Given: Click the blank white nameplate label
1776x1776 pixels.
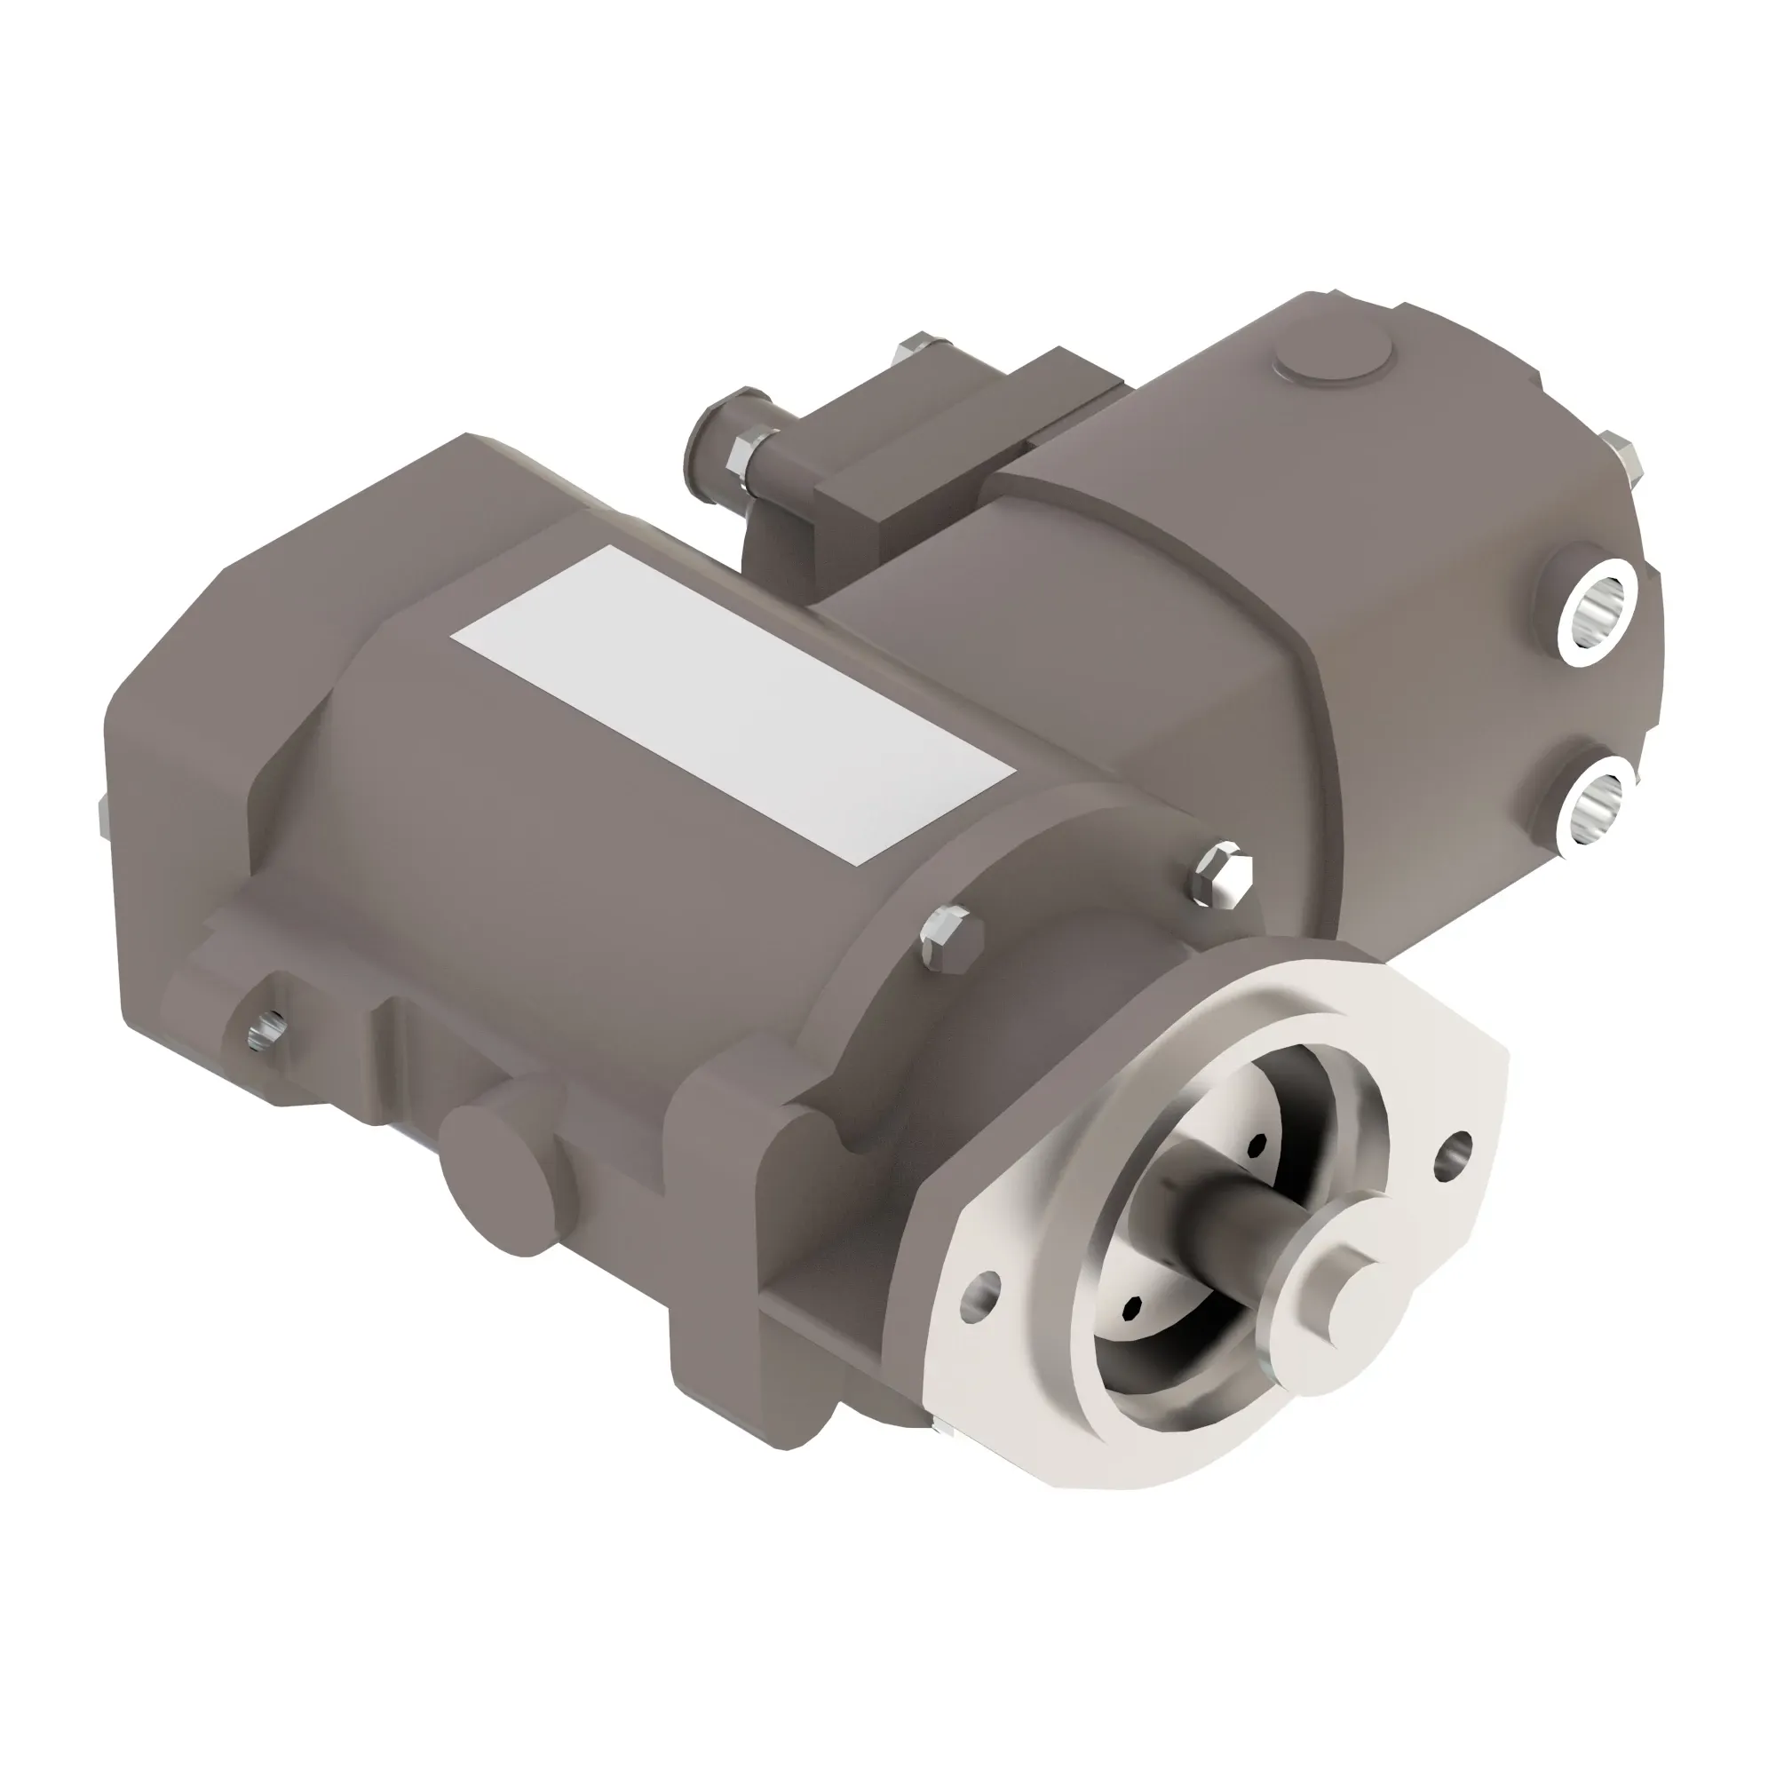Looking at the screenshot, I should click(733, 705).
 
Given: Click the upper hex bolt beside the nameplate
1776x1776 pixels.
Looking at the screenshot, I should click(1224, 870).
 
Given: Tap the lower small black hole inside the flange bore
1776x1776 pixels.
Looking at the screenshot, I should click(1132, 1307).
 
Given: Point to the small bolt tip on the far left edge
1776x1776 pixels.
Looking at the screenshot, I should click(101, 814).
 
